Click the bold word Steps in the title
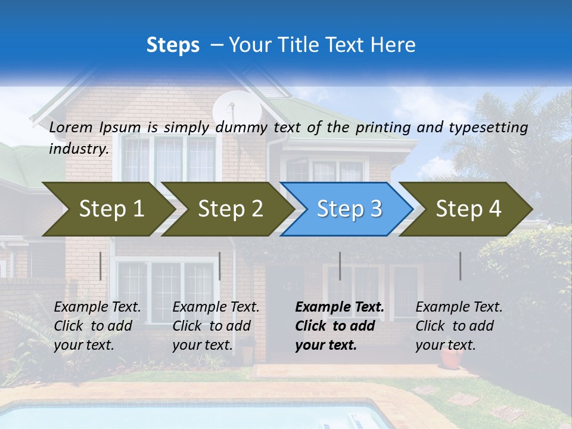coord(173,45)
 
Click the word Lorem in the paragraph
coord(71,127)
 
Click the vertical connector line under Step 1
coord(100,266)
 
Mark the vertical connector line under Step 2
coord(220,266)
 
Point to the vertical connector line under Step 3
coord(340,266)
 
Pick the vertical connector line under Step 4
coord(460,266)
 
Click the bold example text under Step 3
coord(339,326)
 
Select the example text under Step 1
coord(97,326)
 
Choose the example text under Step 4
coord(459,326)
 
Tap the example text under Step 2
coord(216,326)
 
